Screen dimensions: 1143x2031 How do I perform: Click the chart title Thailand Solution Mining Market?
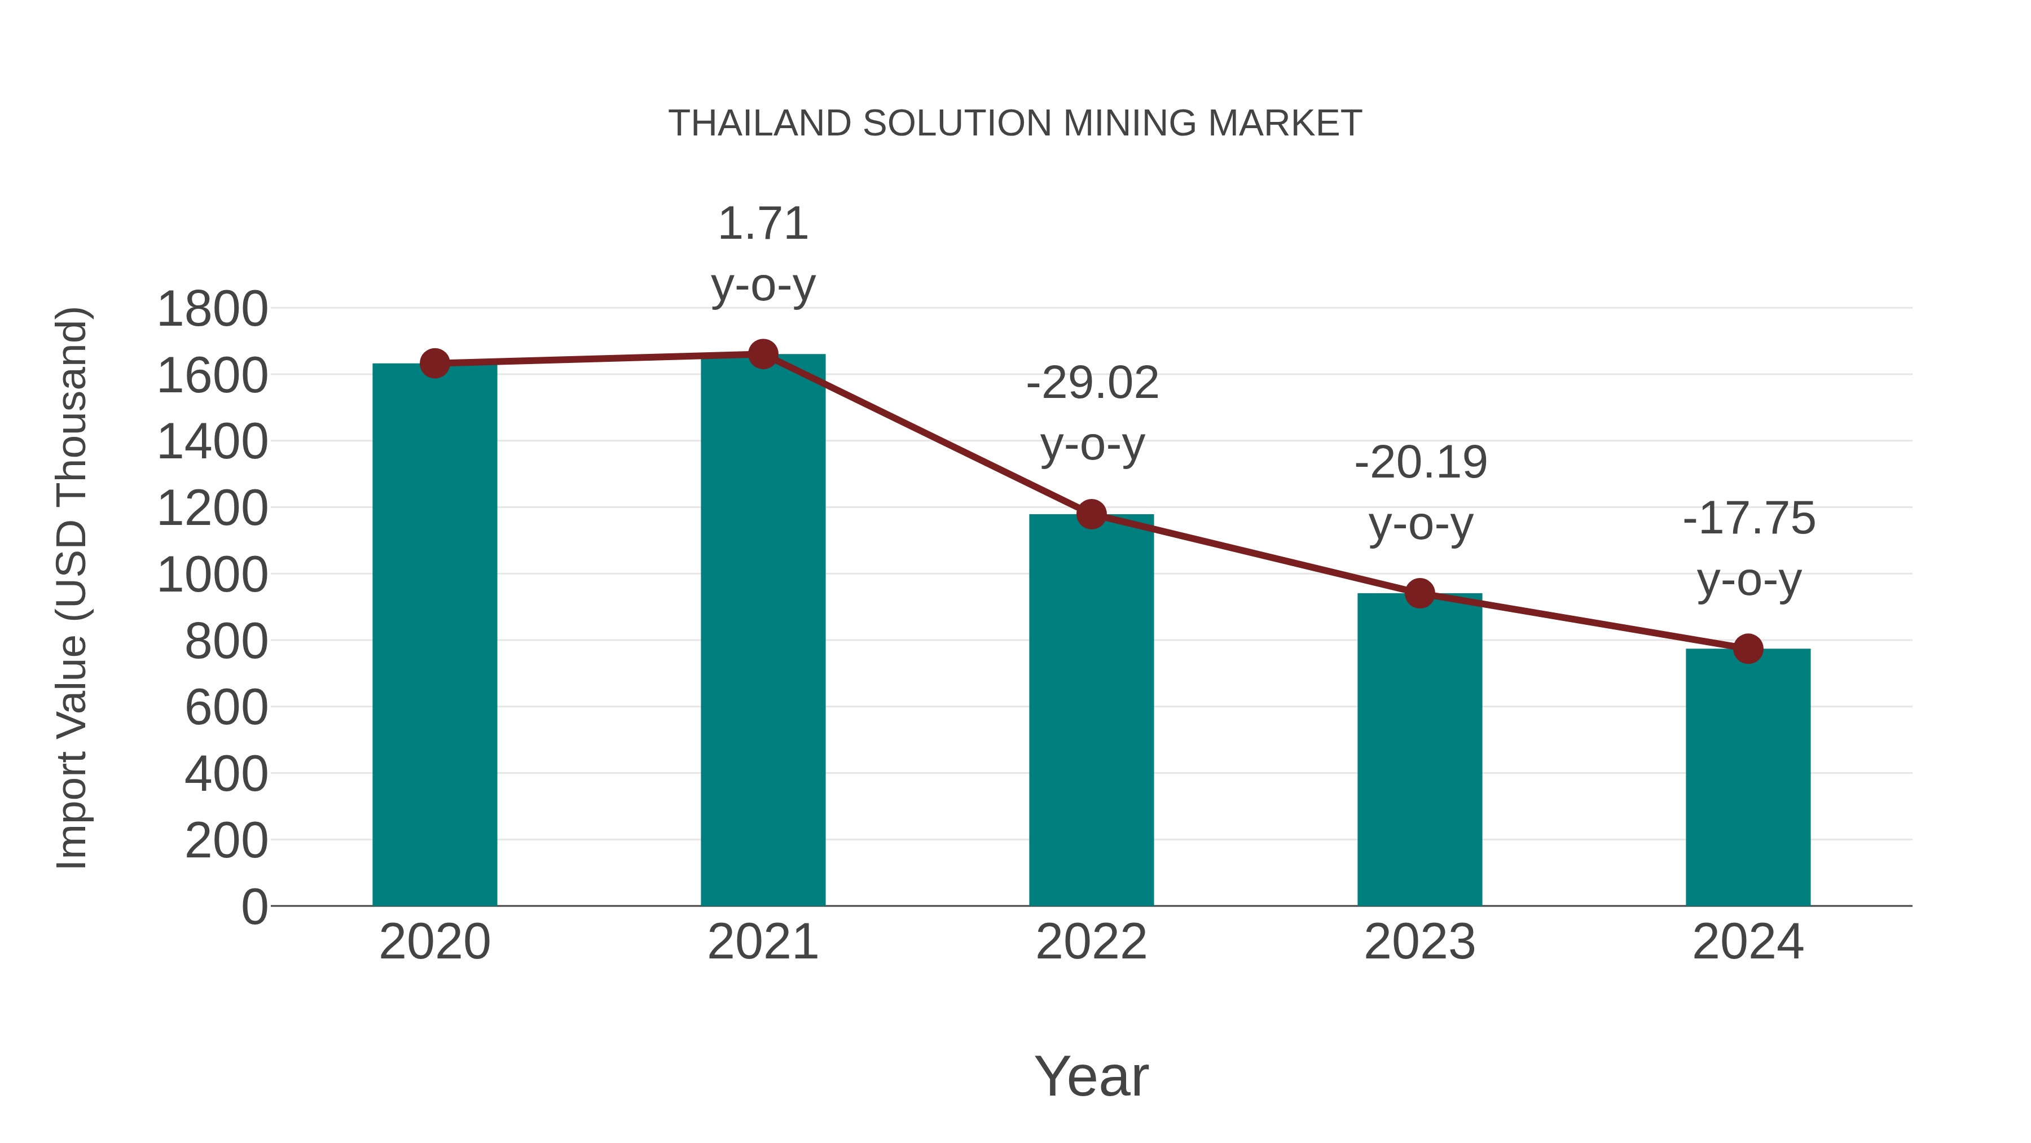pyautogui.click(x=1015, y=123)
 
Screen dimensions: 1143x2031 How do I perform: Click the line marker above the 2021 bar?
pyautogui.click(x=762, y=354)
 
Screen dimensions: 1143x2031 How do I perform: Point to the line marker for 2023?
pyautogui.click(x=1419, y=593)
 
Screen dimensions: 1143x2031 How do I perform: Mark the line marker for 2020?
pyautogui.click(x=434, y=363)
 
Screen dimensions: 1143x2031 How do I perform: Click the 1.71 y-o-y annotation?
pyautogui.click(x=762, y=253)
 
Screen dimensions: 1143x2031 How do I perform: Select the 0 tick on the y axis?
pyautogui.click(x=254, y=906)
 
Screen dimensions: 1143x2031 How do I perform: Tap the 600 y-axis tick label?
pyautogui.click(x=226, y=708)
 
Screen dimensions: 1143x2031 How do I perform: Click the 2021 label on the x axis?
pyautogui.click(x=762, y=942)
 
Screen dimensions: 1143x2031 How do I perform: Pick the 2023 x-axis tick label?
pyautogui.click(x=1419, y=942)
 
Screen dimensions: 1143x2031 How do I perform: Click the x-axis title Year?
pyautogui.click(x=1091, y=1076)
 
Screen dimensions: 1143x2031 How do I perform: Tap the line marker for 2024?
pyautogui.click(x=1748, y=649)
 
